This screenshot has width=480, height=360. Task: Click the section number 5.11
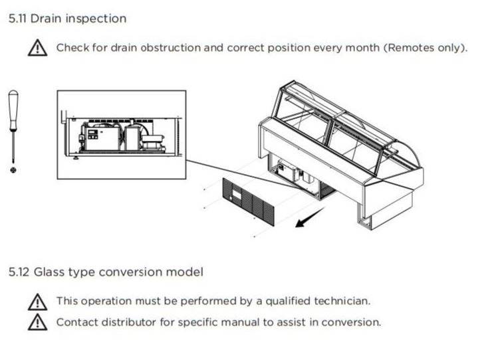pyautogui.click(x=17, y=19)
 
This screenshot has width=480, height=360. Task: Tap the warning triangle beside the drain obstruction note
pyautogui.click(x=37, y=48)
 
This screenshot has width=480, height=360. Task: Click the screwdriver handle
pyautogui.click(x=13, y=110)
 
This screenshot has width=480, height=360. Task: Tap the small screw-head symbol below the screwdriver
pyautogui.click(x=13, y=171)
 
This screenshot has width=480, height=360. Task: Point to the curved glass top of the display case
pyautogui.click(x=346, y=120)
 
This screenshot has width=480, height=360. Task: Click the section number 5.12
pyautogui.click(x=19, y=272)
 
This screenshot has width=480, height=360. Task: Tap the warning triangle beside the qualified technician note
pyautogui.click(x=37, y=302)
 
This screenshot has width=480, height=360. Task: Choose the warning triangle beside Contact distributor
pyautogui.click(x=37, y=323)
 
